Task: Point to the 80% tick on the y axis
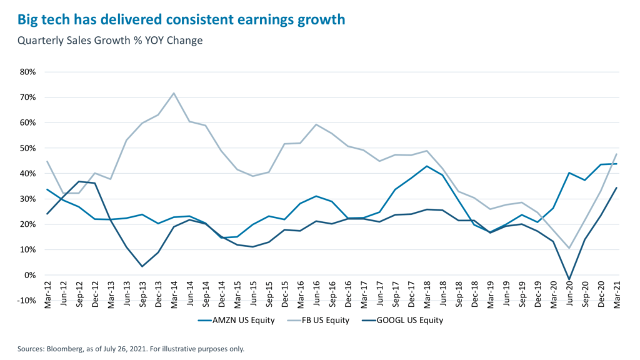click(28, 72)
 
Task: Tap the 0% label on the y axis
click(31, 275)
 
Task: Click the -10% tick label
click(27, 301)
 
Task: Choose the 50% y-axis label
click(28, 148)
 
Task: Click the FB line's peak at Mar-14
click(174, 93)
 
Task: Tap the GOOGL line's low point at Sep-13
click(142, 266)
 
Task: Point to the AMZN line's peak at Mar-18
click(427, 166)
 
